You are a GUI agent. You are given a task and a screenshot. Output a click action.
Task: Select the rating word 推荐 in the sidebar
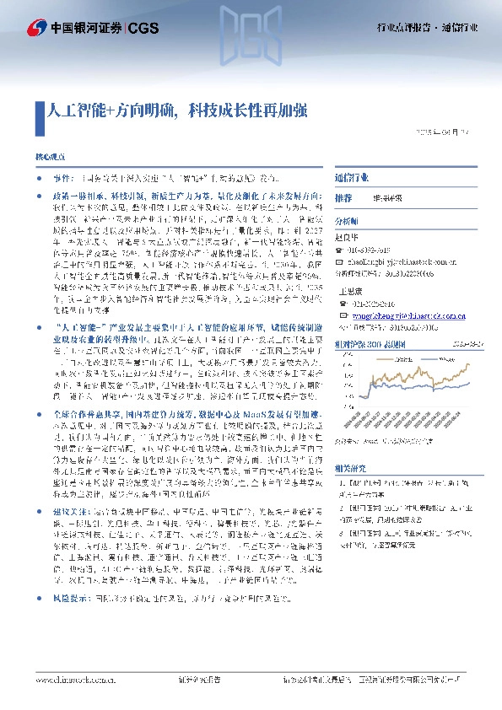pos(343,198)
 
